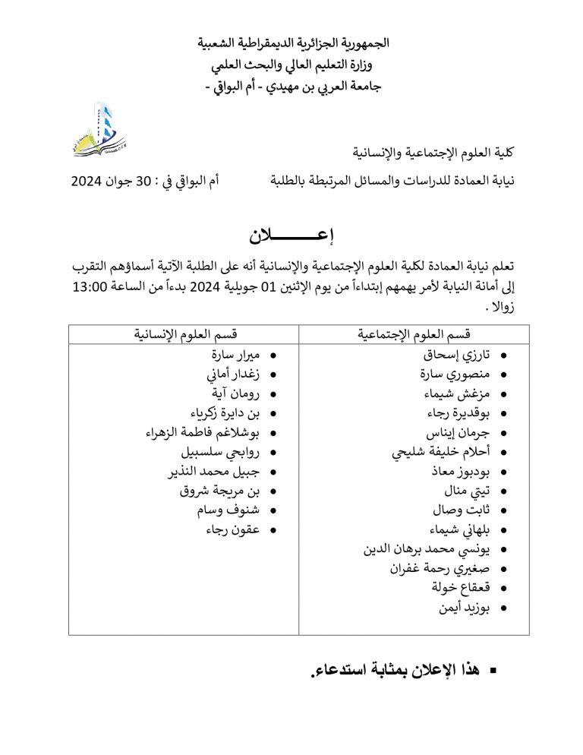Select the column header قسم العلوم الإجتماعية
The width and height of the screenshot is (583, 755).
[414, 334]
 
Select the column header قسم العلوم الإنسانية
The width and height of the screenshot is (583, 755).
[184, 334]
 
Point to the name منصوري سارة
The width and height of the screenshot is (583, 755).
[455, 374]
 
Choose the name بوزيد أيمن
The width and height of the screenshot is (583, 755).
[464, 608]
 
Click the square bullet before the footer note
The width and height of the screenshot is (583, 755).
[494, 671]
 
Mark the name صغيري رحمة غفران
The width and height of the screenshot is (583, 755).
[440, 568]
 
